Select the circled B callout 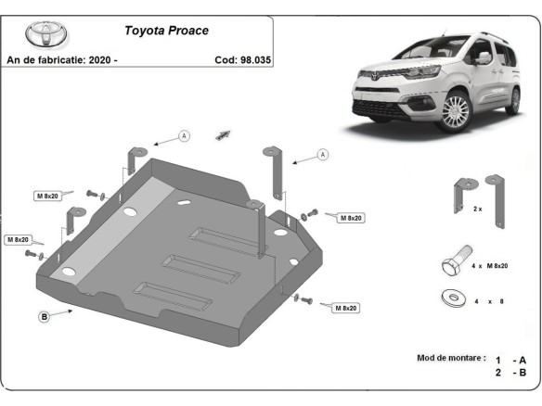(x=44, y=317)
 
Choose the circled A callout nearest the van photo (x=322, y=155)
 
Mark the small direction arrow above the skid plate (x=223, y=134)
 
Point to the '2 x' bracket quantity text (x=478, y=209)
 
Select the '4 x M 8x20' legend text (x=489, y=266)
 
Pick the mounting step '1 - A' (x=511, y=359)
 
